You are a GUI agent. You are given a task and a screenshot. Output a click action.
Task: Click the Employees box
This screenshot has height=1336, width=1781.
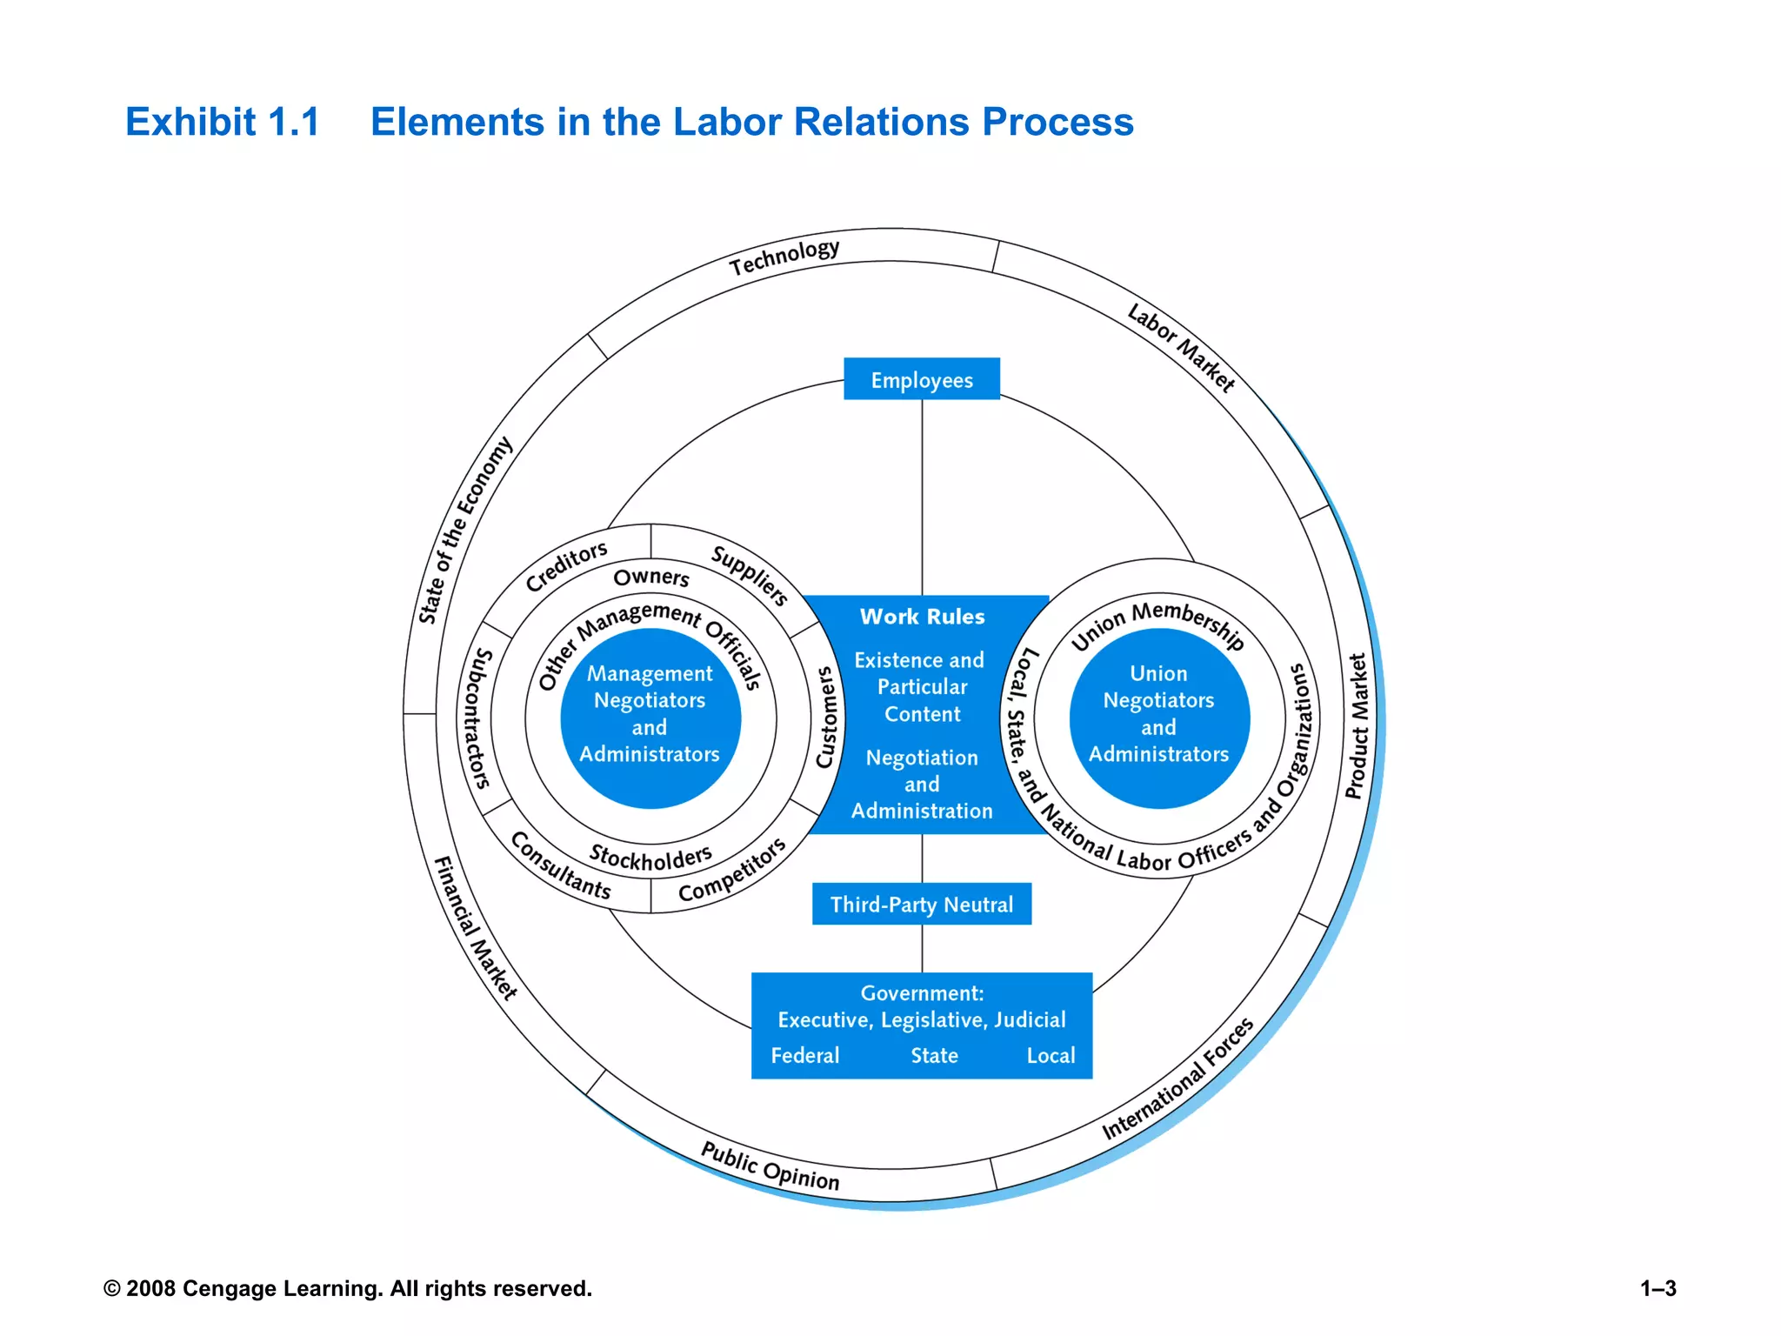pos(921,380)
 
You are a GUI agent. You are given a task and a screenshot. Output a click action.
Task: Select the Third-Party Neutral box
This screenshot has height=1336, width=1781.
pos(921,905)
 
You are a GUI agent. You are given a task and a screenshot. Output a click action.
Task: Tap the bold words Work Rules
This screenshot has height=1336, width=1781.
pos(922,617)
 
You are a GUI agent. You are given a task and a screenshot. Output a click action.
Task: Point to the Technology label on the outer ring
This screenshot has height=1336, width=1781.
pos(784,256)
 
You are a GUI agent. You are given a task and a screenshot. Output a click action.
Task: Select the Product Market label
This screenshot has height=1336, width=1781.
pos(1357,726)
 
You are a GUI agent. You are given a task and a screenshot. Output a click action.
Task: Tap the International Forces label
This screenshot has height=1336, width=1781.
pos(1178,1079)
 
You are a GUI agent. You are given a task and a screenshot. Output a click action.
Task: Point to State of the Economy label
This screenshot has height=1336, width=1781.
pos(464,531)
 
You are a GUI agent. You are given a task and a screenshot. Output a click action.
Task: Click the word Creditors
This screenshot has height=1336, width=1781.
pos(566,565)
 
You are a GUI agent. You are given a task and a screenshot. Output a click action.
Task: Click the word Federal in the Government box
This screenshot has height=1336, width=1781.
pos(804,1056)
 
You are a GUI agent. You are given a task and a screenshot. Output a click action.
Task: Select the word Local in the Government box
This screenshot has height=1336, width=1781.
pos(1051,1056)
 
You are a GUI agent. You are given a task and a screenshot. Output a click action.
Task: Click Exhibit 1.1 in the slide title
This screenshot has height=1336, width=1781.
pos(223,122)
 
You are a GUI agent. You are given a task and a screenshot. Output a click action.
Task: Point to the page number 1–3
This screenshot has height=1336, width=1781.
pos(1658,1289)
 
